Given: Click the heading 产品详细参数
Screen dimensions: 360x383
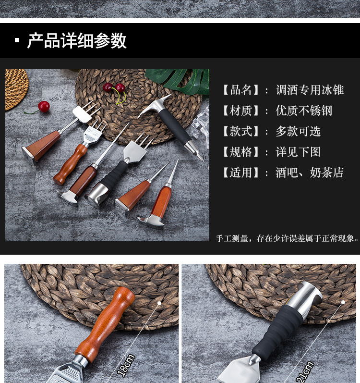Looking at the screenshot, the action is click(77, 41).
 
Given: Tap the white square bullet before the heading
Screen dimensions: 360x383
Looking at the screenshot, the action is click(17, 40).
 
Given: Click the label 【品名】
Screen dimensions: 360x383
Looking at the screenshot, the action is click(241, 90).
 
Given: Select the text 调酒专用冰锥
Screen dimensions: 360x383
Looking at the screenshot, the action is click(310, 90).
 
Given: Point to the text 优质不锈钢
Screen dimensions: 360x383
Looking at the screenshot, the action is click(304, 111).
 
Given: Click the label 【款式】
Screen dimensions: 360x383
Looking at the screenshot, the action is click(241, 131).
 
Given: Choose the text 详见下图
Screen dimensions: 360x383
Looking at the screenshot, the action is click(298, 152).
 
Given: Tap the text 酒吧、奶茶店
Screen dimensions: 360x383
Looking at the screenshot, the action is click(310, 173).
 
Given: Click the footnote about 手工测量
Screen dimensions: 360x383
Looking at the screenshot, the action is click(288, 238).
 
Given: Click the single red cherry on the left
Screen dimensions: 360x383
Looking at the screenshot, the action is click(44, 107).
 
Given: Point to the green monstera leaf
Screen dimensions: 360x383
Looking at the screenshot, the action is click(179, 80).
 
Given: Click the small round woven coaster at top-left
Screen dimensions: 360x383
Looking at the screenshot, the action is click(16, 89).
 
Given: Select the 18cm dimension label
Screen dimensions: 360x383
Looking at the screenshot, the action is click(126, 364).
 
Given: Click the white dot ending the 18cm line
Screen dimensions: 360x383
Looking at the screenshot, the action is click(159, 303).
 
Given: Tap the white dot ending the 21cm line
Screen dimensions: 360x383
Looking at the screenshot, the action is click(343, 302).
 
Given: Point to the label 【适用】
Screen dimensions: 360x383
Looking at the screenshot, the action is click(241, 173).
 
